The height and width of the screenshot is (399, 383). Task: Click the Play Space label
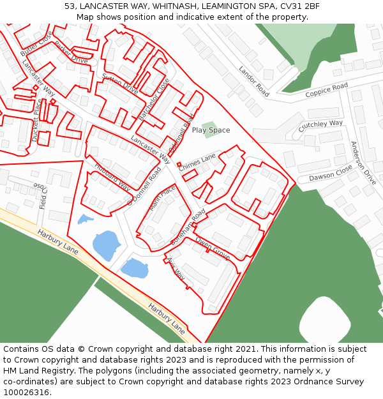tap(211, 130)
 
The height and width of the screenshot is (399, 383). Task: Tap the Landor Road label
tap(254, 81)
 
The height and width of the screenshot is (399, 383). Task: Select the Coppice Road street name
tap(326, 90)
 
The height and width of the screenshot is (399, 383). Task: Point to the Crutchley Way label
tap(320, 126)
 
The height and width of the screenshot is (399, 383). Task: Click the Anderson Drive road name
tap(363, 163)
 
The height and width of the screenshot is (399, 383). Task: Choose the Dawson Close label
tap(331, 173)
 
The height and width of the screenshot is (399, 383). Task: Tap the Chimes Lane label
tap(197, 162)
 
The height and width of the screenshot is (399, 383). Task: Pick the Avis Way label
tap(176, 268)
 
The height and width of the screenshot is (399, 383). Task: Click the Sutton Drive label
tap(120, 84)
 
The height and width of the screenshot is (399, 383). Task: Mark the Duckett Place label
tap(36, 120)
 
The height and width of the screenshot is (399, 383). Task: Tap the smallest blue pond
tap(84, 220)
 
